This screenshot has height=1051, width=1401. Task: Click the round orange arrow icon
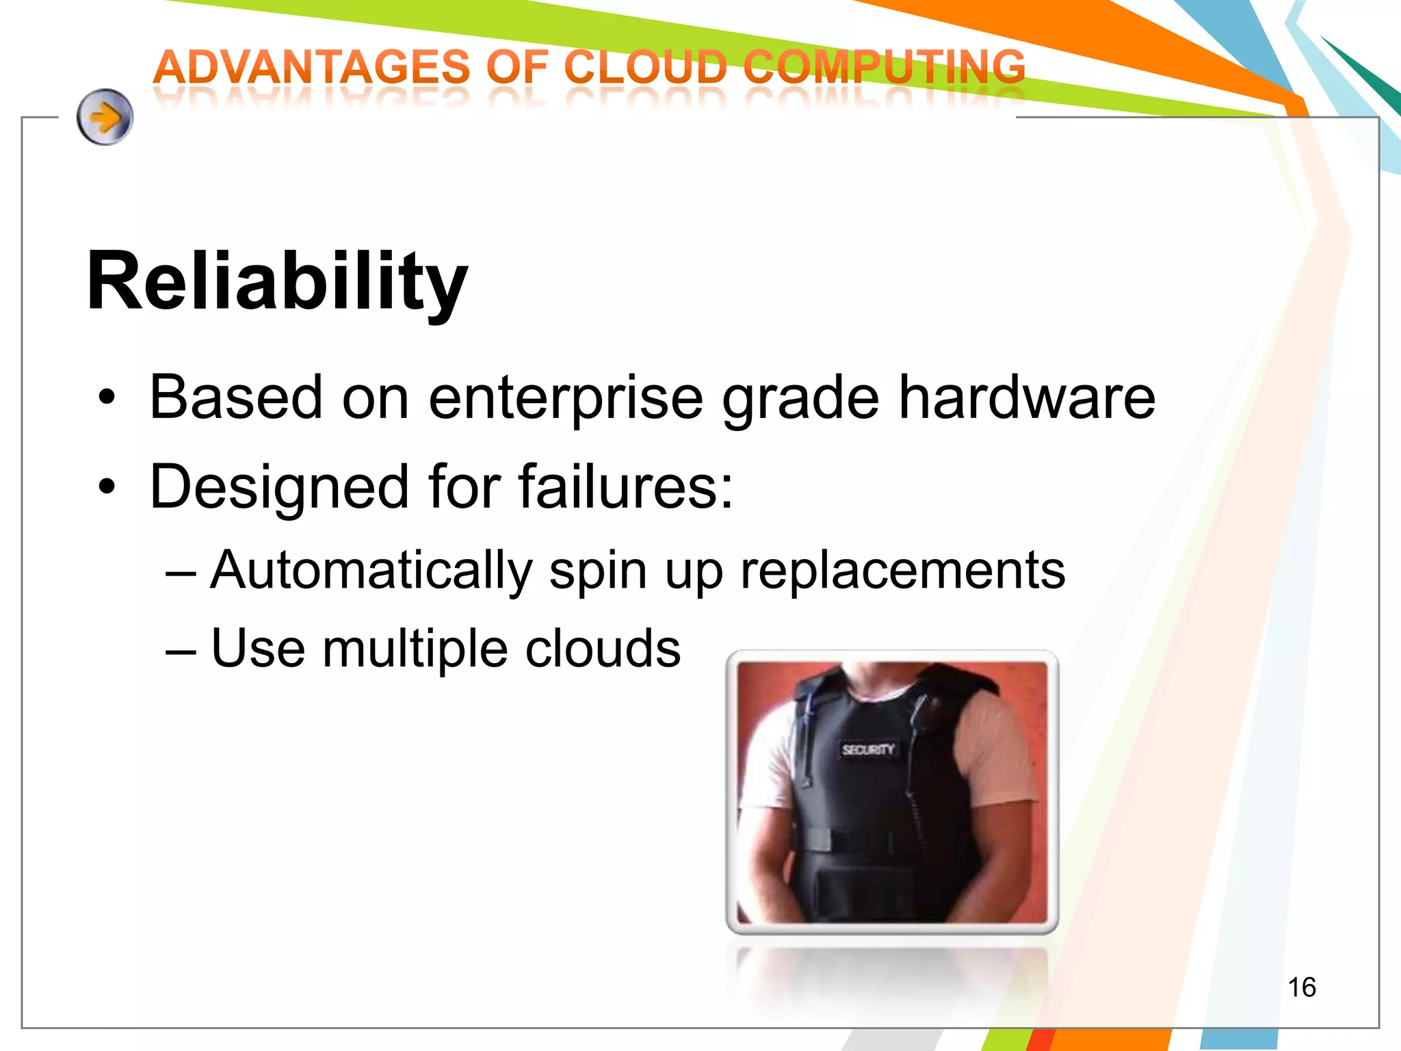click(x=105, y=117)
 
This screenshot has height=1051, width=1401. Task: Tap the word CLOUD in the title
click(x=645, y=68)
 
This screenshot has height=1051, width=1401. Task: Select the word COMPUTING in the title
click(x=885, y=68)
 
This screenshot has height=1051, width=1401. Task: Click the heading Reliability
click(x=277, y=281)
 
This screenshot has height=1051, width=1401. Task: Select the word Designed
click(x=278, y=488)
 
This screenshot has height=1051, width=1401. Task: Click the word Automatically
click(x=371, y=571)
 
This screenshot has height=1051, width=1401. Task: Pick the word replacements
click(x=902, y=571)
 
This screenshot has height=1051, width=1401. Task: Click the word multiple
click(x=415, y=649)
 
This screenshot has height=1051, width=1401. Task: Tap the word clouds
click(x=603, y=648)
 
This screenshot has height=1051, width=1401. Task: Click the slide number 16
click(x=1301, y=987)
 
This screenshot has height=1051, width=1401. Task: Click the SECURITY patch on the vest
click(x=868, y=749)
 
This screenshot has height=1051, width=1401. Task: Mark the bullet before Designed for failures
click(x=107, y=487)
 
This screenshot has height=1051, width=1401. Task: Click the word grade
click(x=800, y=400)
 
